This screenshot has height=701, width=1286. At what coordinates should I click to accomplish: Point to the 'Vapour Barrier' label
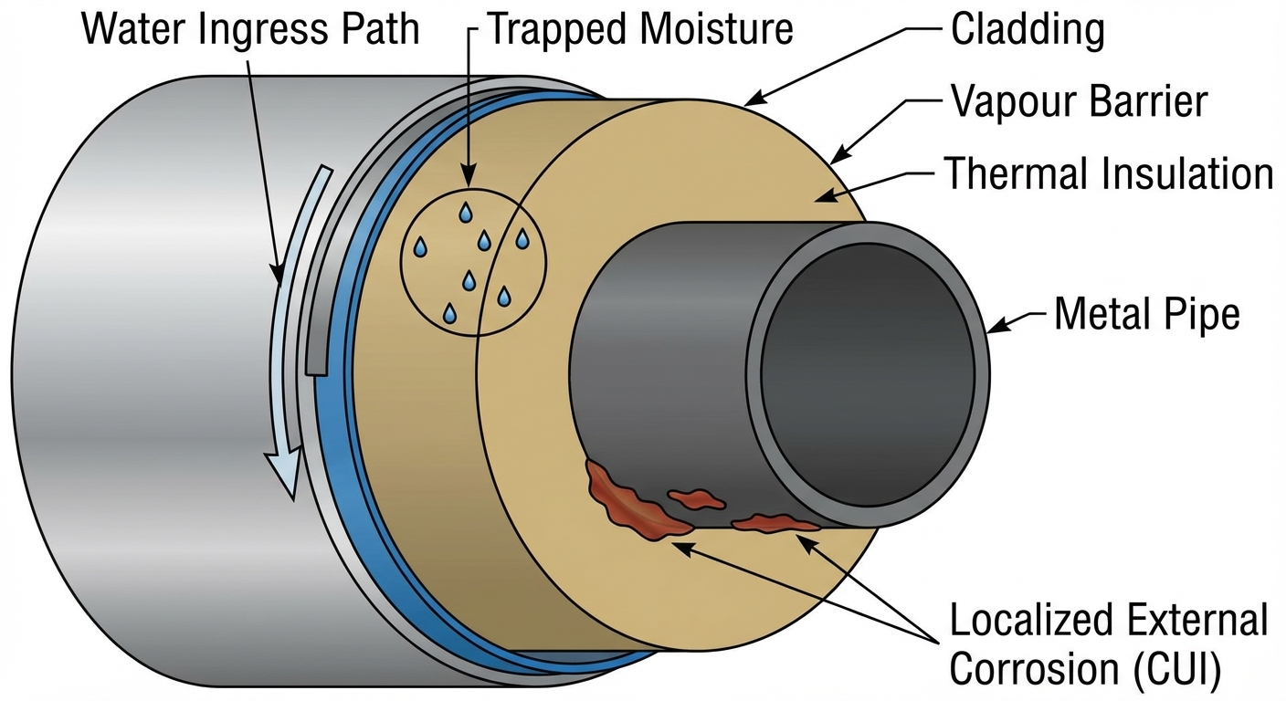pyautogui.click(x=1079, y=101)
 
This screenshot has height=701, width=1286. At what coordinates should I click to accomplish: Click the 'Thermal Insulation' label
pyautogui.click(x=1108, y=173)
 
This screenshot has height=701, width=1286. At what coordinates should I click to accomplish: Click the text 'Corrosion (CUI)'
pyautogui.click(x=1085, y=668)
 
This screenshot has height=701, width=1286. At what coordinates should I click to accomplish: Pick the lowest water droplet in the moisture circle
pyautogui.click(x=449, y=314)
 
